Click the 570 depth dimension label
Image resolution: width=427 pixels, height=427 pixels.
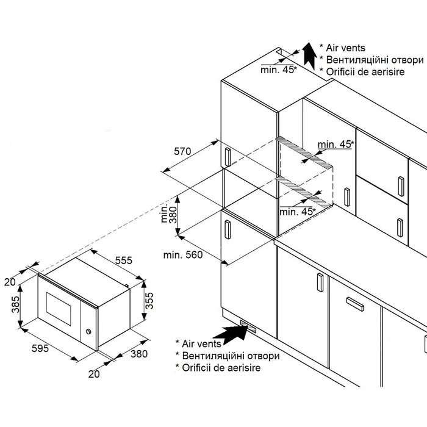tap(182, 151)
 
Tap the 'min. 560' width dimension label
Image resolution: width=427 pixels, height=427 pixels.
tap(182, 255)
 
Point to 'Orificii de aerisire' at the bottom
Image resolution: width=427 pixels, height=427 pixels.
tap(221, 367)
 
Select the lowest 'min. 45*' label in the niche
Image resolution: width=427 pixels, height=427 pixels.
tap(297, 212)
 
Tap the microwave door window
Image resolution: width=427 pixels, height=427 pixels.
tap(59, 305)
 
